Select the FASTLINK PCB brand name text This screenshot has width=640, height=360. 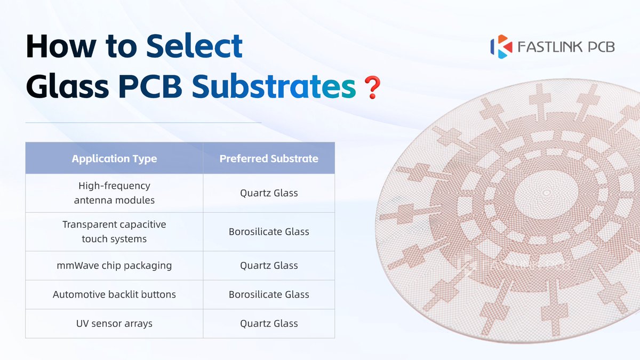566,47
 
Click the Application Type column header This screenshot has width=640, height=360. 114,158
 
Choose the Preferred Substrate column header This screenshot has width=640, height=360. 269,158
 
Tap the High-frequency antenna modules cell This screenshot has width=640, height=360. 114,193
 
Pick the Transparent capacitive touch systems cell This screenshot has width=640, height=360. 114,231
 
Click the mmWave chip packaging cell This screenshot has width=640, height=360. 114,266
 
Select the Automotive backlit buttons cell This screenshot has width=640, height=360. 114,294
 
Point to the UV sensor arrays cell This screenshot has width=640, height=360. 114,323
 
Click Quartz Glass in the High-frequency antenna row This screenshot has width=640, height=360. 269,193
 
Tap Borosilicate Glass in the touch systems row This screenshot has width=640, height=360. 269,231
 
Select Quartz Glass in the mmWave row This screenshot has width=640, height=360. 269,266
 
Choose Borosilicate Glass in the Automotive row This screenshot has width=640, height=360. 269,294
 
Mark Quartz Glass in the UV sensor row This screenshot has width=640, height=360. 269,323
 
